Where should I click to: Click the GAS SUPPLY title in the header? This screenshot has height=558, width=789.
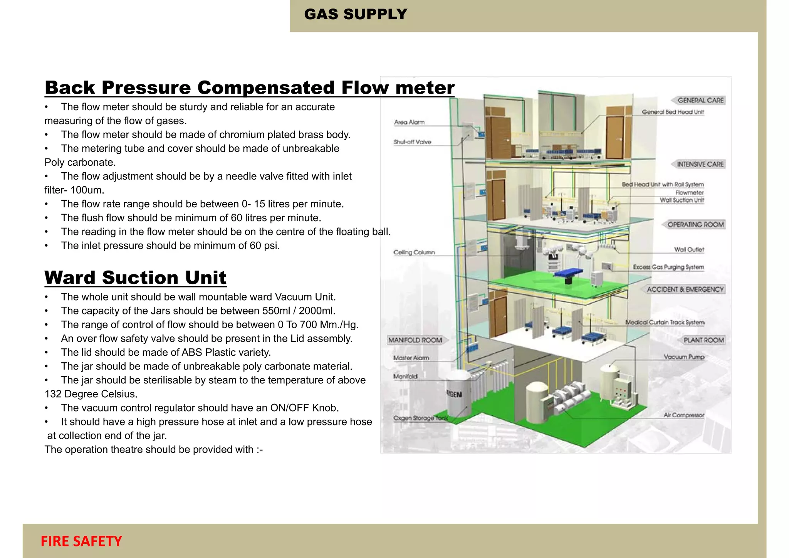pos(355,15)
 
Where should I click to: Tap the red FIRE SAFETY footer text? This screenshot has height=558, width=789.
pos(81,541)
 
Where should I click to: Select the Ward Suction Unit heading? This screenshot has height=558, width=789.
pos(135,278)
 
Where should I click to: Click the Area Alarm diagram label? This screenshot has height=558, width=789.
pos(409,122)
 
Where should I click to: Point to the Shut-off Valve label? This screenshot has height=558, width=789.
pos(412,142)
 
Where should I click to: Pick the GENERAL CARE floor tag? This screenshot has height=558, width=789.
pos(700,100)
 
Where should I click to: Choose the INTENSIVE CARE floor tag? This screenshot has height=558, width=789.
pos(700,164)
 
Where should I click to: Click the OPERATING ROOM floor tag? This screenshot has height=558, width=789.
pos(695,224)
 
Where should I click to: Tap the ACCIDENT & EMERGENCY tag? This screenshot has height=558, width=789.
pos(685,289)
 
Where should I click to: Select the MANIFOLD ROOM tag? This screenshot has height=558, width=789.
pos(415,340)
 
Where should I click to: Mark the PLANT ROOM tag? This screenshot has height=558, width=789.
pos(703,340)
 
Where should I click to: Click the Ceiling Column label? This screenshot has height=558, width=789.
pos(414,252)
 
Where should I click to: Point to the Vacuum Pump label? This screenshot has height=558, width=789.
pos(684,357)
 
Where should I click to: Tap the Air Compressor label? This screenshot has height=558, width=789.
pos(684,415)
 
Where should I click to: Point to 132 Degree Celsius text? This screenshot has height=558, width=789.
pos(91,394)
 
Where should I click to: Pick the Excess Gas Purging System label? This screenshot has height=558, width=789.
pos(668,267)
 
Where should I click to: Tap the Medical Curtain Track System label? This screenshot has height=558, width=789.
pos(665,322)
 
